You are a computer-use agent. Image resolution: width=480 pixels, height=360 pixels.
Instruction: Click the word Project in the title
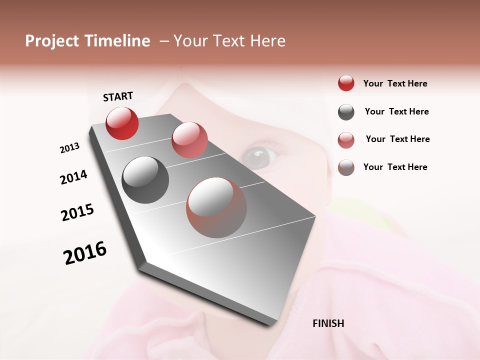click(x=52, y=41)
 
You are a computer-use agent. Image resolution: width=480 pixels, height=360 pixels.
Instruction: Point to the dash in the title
click(x=164, y=41)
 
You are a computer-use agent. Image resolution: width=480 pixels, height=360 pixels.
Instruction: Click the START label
click(x=118, y=96)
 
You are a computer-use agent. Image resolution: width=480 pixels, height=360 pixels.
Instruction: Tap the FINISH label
click(x=328, y=323)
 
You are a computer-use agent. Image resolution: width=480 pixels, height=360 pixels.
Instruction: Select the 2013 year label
click(x=69, y=148)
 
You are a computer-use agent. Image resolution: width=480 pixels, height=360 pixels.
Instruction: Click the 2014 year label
click(x=73, y=177)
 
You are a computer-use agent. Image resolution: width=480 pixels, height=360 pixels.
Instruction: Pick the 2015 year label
click(x=77, y=212)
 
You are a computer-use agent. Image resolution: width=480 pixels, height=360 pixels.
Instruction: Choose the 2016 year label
click(x=85, y=252)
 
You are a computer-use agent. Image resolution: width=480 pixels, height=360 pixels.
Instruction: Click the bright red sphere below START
click(x=122, y=123)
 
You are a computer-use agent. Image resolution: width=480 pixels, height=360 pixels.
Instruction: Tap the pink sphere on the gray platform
click(x=189, y=139)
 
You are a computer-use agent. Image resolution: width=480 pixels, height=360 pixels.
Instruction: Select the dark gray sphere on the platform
click(x=145, y=180)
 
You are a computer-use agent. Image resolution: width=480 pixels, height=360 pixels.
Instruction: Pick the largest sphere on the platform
click(x=216, y=207)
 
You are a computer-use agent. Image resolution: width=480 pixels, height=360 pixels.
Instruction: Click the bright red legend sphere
click(x=346, y=83)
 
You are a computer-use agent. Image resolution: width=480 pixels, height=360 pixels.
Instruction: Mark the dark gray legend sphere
click(x=346, y=112)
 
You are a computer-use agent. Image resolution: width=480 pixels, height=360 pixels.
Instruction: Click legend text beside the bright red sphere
click(x=395, y=83)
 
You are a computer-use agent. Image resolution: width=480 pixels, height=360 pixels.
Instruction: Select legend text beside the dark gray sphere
click(x=396, y=111)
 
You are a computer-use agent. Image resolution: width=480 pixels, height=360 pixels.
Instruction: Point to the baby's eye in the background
click(x=257, y=157)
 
